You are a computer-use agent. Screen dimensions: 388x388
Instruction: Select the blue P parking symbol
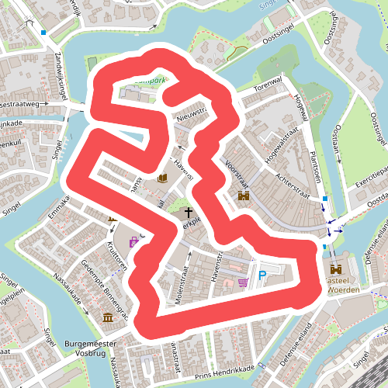tap(262, 276)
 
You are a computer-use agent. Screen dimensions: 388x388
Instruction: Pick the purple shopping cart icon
tap(244, 282)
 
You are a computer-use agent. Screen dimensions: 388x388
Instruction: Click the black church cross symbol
tap(187, 212)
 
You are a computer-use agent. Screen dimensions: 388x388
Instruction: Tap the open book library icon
tap(163, 178)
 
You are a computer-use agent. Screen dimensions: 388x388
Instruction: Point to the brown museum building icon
tap(107, 317)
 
